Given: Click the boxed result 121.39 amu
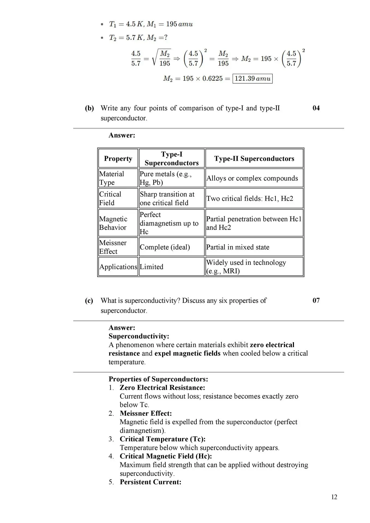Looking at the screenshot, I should (252, 79).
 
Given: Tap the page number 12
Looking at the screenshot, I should (334, 497).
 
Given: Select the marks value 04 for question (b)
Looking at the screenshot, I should (316, 108).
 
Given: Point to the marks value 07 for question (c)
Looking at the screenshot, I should (316, 300).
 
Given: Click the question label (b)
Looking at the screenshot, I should (89, 108).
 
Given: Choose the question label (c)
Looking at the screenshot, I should (89, 300).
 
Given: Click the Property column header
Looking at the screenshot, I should (118, 159).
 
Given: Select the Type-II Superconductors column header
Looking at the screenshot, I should (254, 159).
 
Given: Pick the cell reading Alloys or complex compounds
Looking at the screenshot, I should (252, 178).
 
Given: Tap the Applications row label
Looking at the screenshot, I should (118, 267).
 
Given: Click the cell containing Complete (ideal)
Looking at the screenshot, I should (165, 247).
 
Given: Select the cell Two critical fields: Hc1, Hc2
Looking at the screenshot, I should (250, 198).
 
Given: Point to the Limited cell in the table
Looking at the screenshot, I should (151, 267).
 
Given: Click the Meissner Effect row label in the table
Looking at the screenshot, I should (113, 247).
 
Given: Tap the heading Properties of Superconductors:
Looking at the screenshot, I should (158, 379).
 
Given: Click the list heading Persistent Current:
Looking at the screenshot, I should (150, 482).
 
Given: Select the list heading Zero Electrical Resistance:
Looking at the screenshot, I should (162, 387).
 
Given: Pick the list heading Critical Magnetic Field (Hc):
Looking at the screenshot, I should (166, 456).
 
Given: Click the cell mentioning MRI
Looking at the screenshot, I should (246, 267).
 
